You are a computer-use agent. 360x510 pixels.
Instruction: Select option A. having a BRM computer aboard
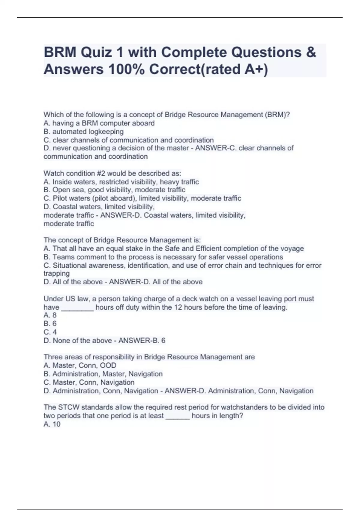(x=99, y=123)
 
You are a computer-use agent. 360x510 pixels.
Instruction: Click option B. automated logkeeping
(x=83, y=131)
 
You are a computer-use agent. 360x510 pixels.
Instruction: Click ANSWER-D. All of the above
(x=156, y=282)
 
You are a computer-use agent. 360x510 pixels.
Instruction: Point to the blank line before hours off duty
(x=77, y=308)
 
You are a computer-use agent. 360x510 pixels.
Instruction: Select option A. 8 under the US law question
(x=50, y=315)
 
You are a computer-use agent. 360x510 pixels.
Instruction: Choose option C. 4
(x=50, y=332)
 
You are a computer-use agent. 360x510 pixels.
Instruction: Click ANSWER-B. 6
(x=142, y=340)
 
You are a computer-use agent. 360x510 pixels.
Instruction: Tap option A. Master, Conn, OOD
(x=80, y=365)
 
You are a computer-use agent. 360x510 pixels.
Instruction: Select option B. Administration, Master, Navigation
(x=103, y=374)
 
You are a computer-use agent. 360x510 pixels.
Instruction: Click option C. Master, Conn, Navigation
(x=89, y=382)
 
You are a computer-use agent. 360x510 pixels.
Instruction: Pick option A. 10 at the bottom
(x=52, y=424)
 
